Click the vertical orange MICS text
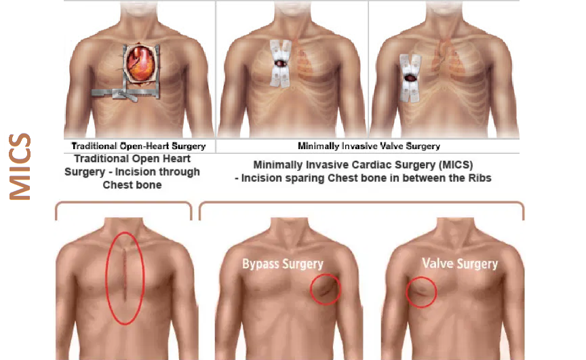(x=20, y=167)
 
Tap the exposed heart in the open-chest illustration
(x=141, y=63)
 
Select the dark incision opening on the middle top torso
(x=281, y=64)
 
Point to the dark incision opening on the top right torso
(x=410, y=78)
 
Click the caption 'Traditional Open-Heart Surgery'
(x=138, y=146)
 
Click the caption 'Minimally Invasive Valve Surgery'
(x=369, y=146)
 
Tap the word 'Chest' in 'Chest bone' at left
(x=116, y=185)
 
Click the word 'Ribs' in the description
(x=480, y=178)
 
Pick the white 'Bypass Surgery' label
(x=283, y=264)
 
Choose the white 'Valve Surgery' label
(x=460, y=264)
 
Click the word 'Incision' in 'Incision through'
(x=135, y=172)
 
